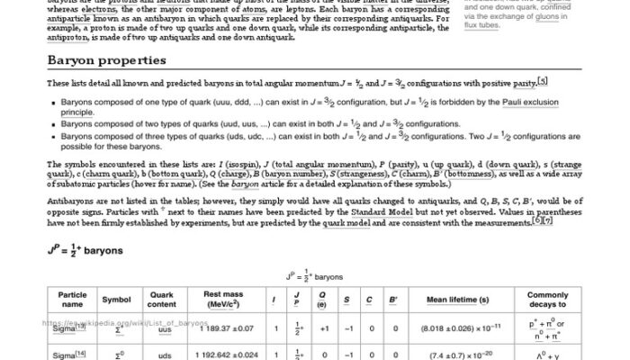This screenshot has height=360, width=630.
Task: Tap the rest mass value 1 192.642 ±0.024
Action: (x=229, y=355)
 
